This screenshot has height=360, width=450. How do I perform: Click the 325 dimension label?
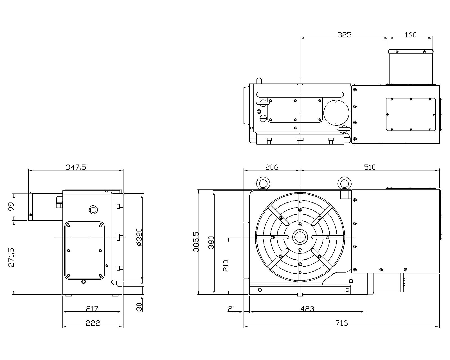(344, 35)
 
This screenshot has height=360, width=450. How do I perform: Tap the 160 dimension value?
(410, 35)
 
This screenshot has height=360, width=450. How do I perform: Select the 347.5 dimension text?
(76, 167)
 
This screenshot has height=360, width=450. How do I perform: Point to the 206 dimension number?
(272, 167)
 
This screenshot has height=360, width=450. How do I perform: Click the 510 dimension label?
(370, 167)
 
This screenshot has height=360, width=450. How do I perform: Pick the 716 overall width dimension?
(342, 323)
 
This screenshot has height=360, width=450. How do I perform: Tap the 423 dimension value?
(307, 309)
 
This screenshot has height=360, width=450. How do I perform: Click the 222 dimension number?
(93, 323)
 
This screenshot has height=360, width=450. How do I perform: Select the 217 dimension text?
(92, 309)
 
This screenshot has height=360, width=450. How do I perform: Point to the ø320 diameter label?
(139, 237)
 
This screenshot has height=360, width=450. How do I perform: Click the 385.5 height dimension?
(196, 242)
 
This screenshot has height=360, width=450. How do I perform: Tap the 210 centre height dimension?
(226, 266)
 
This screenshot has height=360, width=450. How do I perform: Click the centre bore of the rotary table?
(300, 237)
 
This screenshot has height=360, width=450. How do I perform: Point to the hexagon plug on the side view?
(93, 210)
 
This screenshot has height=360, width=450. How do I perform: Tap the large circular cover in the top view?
(336, 113)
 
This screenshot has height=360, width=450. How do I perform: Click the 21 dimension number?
(231, 309)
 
